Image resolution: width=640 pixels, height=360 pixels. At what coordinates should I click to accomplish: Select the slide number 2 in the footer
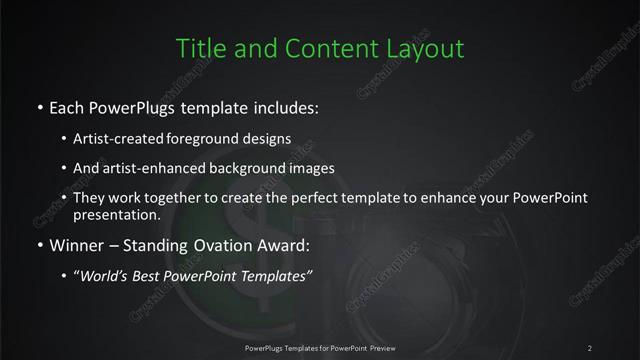(590, 347)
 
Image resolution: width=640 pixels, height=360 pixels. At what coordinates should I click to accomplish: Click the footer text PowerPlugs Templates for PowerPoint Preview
(320, 347)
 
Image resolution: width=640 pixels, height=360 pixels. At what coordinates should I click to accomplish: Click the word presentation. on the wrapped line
(117, 215)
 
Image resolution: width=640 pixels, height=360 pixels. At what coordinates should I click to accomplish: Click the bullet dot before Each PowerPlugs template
(39, 106)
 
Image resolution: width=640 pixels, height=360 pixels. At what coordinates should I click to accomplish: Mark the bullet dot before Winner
(39, 242)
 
